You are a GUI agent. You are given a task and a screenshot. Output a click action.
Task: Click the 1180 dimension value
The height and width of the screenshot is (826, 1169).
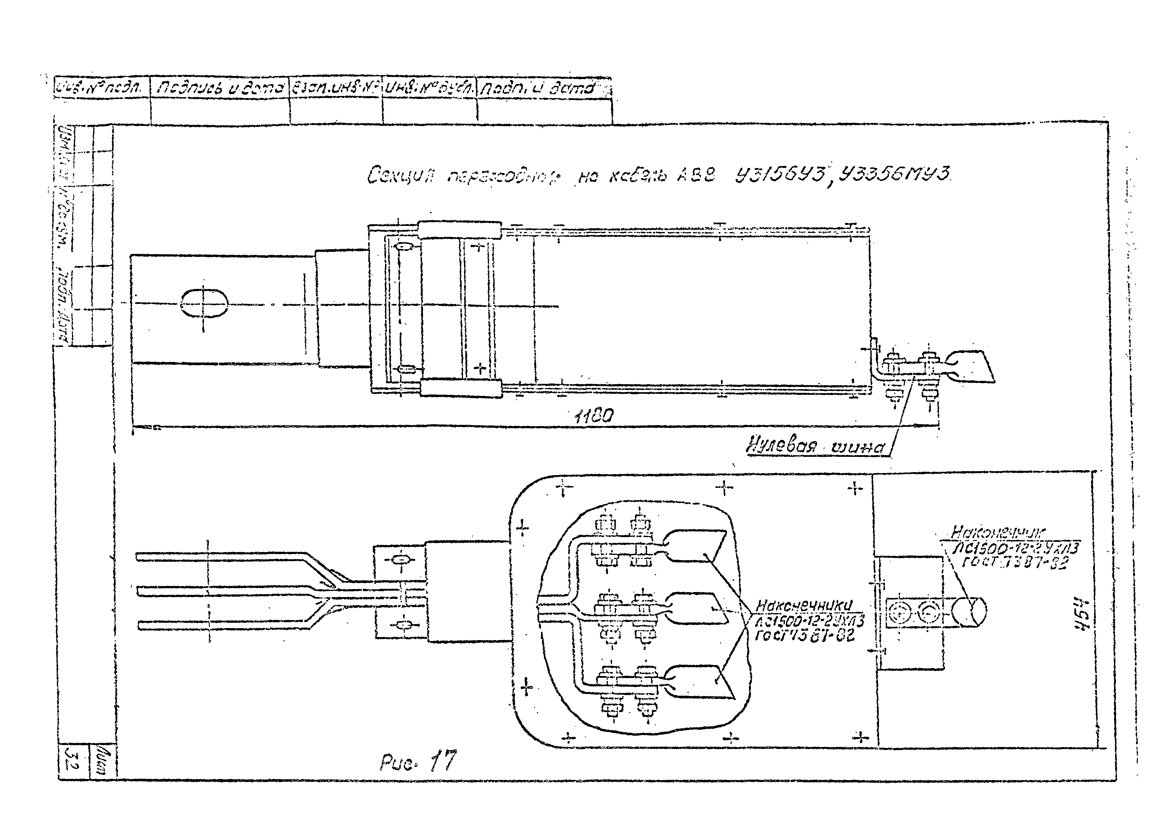coord(594,415)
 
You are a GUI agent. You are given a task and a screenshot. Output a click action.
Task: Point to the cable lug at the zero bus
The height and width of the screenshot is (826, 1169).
coord(970,367)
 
